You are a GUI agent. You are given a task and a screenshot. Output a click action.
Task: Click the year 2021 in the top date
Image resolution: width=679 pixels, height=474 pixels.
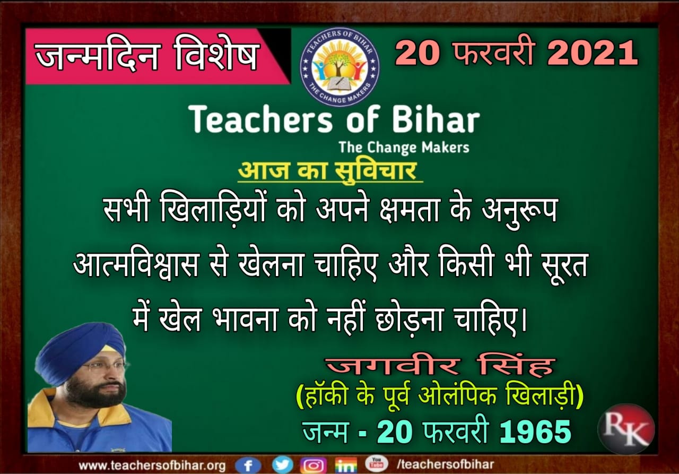(x=592, y=54)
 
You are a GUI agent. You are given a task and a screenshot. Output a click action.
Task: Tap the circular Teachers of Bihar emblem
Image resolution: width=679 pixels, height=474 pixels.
(x=339, y=67)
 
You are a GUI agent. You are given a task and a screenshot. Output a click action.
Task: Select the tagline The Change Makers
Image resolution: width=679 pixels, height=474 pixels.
(x=404, y=148)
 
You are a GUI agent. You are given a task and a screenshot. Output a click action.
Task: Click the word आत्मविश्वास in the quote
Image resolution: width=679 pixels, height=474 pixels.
(x=136, y=264)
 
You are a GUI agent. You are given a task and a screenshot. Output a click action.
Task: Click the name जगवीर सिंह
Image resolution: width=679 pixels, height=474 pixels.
(x=440, y=366)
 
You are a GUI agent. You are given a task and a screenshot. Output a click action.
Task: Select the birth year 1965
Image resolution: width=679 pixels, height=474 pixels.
(x=535, y=432)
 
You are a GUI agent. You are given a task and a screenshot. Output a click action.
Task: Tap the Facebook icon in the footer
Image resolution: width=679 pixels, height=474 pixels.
(x=248, y=465)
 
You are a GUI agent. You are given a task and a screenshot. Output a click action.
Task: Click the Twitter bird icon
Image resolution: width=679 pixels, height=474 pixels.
(x=282, y=464)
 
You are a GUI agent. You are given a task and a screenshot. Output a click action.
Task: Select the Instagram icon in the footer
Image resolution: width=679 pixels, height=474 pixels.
(x=314, y=465)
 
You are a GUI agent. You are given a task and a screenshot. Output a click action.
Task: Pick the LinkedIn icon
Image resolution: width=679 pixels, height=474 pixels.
(x=346, y=465)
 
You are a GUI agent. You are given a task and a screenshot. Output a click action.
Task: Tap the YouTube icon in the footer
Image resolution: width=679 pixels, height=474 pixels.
(x=377, y=464)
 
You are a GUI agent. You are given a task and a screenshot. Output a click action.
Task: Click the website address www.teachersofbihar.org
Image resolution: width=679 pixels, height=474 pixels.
(x=152, y=466)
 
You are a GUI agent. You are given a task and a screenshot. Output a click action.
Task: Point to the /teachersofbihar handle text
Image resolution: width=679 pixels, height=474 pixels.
(x=445, y=464)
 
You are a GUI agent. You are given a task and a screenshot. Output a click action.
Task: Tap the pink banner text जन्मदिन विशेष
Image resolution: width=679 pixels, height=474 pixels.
(x=147, y=57)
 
